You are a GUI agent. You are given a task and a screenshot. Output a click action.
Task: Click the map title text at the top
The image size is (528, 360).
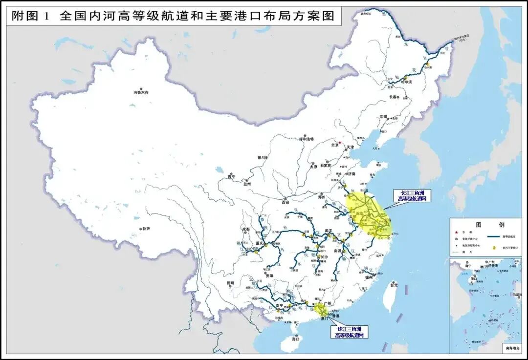coord(174,16)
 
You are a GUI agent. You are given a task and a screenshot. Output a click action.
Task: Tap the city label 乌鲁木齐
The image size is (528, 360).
coord(141,92)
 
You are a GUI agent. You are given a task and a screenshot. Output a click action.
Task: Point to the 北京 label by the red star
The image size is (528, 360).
coord(335,145)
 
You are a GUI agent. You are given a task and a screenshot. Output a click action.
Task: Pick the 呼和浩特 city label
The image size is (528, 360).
coord(308,139)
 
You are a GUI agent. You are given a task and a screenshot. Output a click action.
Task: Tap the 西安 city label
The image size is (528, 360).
coord(286,202)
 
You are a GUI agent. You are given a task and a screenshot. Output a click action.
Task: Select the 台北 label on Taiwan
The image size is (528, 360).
coord(394,285)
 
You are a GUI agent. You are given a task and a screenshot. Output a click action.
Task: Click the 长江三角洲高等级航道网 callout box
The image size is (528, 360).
coord(413,196)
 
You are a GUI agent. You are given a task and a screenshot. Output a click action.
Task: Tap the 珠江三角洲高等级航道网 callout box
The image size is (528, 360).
coord(349,332)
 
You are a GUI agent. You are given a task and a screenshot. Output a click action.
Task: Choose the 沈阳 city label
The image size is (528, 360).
coord(384,117)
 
